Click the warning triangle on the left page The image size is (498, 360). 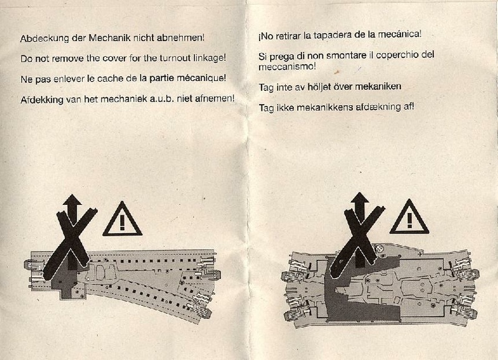(122, 219)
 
